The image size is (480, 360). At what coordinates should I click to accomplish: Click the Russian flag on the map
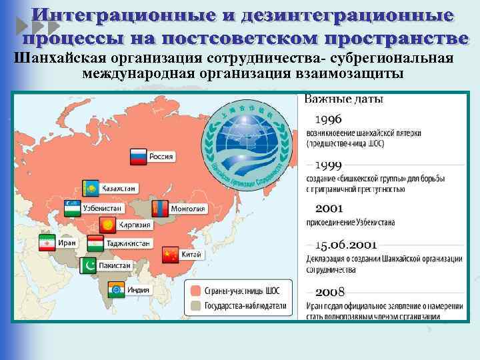[x=137, y=157]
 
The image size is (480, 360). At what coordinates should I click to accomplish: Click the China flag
[x=171, y=255]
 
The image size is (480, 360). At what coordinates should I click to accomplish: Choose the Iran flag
[x=47, y=244]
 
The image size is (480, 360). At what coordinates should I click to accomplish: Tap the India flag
[x=116, y=289]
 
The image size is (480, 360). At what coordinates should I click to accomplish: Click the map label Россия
[x=161, y=157]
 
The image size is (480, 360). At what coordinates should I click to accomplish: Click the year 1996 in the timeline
[x=329, y=119]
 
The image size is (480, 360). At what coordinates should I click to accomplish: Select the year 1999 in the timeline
[x=329, y=165]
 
